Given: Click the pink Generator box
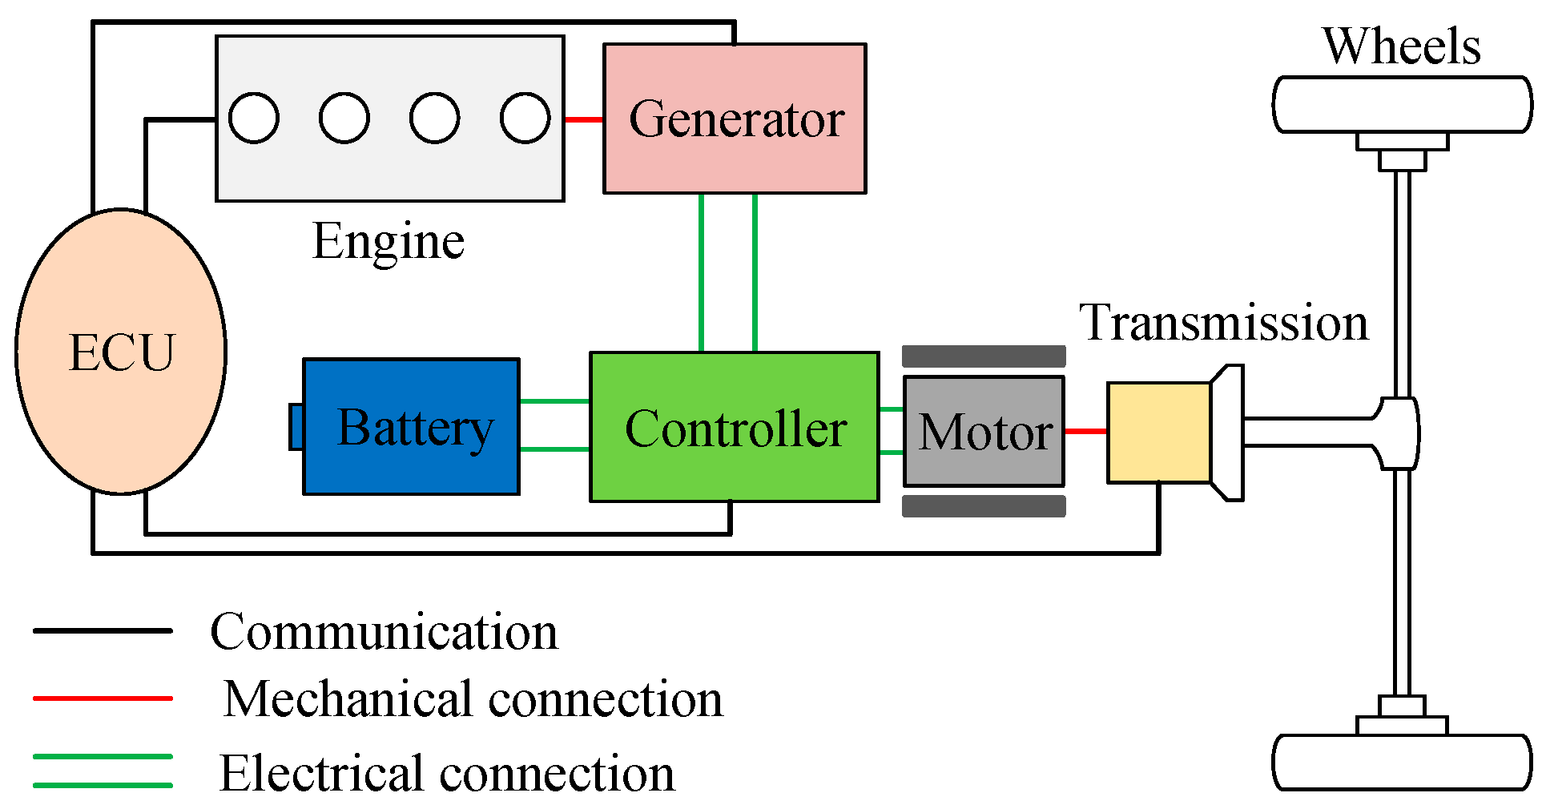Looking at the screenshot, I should [x=734, y=119].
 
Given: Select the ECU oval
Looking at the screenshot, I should [x=121, y=352].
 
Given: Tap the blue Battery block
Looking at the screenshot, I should [x=411, y=427].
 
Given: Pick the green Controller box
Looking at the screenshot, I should [x=734, y=427].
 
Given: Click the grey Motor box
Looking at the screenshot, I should [x=984, y=431].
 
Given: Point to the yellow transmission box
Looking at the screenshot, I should [x=1158, y=433].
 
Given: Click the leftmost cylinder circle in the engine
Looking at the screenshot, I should [x=254, y=119].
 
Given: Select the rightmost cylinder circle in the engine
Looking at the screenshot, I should [x=525, y=119].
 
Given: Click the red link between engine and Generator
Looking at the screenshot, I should [x=583, y=119].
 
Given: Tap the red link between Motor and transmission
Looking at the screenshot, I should [x=1085, y=431].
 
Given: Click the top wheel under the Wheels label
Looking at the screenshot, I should [x=1402, y=104].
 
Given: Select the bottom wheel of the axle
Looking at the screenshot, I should [x=1402, y=763].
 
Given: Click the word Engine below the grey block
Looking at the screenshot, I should [x=389, y=241].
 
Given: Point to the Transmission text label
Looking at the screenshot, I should [x=1223, y=323].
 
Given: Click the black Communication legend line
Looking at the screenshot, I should [x=103, y=630].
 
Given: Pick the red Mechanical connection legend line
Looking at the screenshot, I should [x=103, y=698].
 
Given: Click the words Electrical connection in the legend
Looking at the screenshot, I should [x=447, y=773].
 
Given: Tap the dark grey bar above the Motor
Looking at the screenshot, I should [x=984, y=356].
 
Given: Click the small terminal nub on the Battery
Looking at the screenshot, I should [x=296, y=427].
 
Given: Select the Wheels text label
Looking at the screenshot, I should [x=1401, y=46].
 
